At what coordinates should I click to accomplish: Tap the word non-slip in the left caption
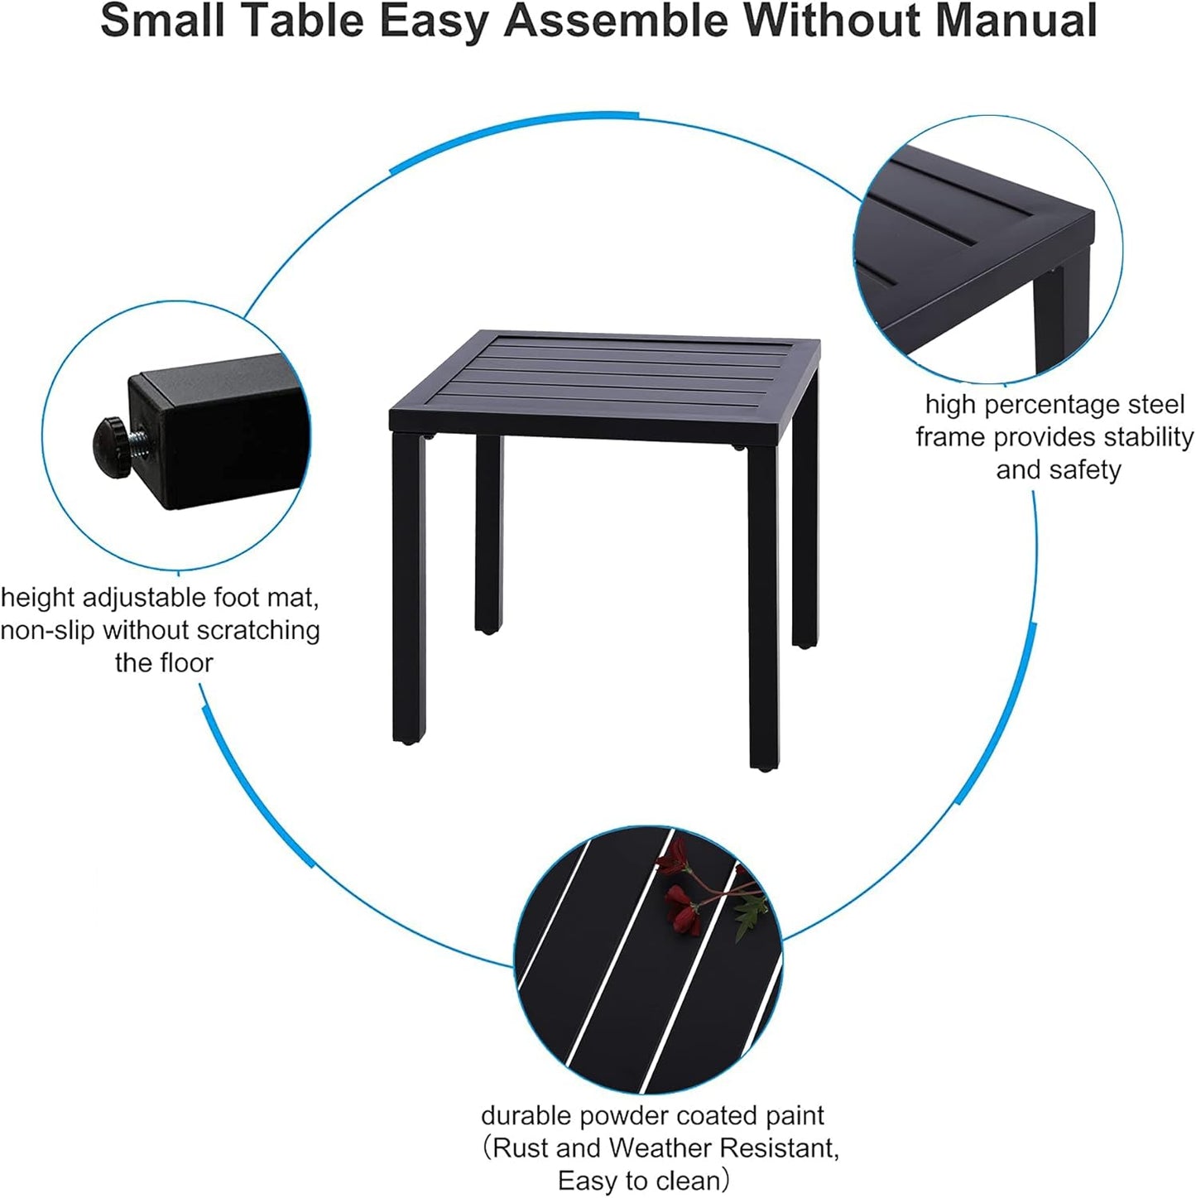48,631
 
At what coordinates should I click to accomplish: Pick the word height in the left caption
37,598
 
